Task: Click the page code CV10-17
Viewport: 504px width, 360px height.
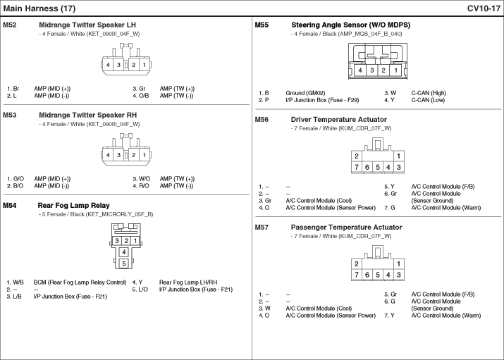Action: coord(484,8)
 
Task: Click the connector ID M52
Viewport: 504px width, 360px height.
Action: coord(9,25)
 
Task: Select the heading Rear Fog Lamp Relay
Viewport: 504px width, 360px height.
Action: coord(73,206)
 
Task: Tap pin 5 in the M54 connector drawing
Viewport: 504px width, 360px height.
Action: coord(124,264)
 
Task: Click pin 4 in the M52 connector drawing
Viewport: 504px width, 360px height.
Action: coord(108,65)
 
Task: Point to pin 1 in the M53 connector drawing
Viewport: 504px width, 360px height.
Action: coord(145,155)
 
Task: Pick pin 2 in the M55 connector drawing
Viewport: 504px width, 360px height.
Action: coord(383,70)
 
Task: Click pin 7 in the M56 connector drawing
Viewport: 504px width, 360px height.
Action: coord(357,167)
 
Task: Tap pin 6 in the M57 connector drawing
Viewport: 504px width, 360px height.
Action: coord(367,275)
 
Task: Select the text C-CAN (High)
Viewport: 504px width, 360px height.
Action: coord(429,93)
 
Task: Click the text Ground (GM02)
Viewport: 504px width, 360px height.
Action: coord(305,93)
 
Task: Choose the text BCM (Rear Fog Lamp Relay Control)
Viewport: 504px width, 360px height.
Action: coord(80,283)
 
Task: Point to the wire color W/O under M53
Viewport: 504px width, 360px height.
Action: coord(145,179)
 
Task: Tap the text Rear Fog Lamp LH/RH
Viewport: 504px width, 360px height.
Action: coord(188,283)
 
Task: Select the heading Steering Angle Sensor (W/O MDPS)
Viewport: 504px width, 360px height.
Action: coord(350,25)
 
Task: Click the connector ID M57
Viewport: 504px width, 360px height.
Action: coord(262,228)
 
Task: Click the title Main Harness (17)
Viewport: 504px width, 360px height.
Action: coord(39,8)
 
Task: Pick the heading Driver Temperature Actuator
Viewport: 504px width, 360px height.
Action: coord(339,120)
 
